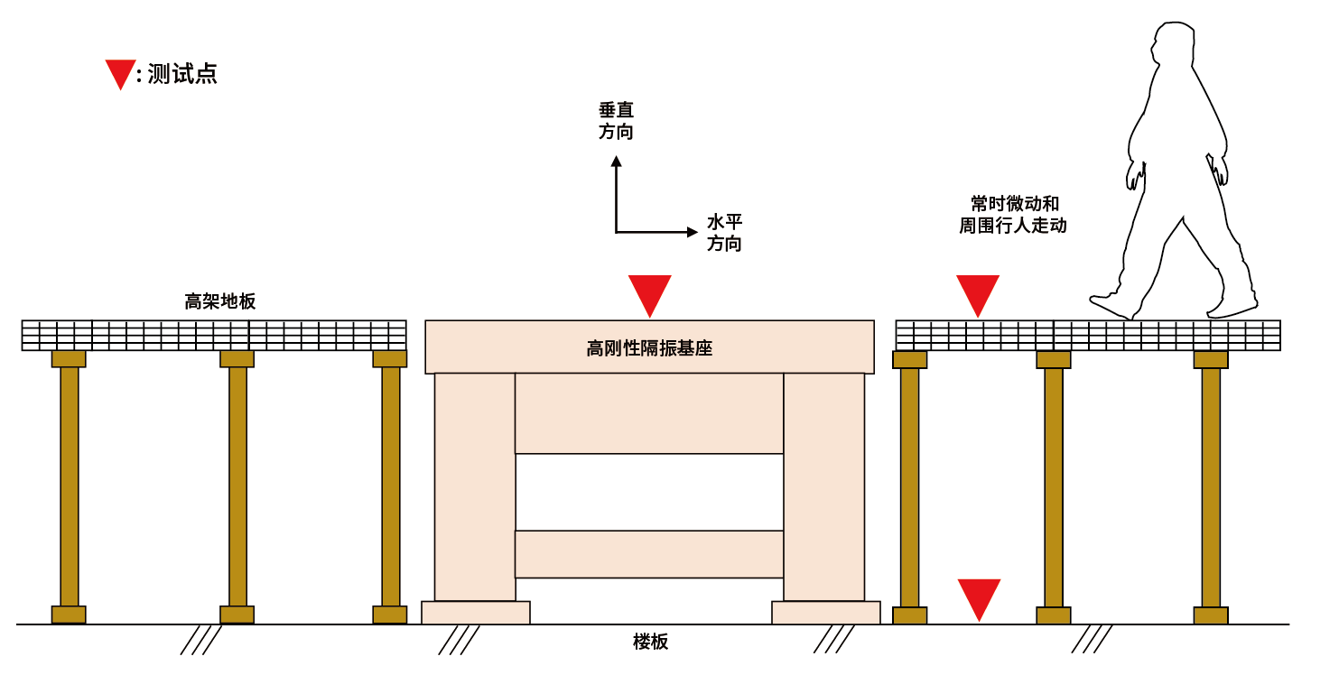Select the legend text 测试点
click(181, 74)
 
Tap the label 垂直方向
click(616, 121)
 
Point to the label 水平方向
click(724, 233)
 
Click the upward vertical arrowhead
click(617, 161)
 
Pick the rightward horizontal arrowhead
click(693, 232)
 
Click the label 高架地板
click(220, 301)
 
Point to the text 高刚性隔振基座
click(649, 348)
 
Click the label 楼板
click(650, 642)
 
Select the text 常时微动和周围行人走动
click(1013, 215)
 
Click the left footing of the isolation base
click(476, 612)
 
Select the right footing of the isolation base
click(826, 612)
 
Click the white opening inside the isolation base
click(649, 492)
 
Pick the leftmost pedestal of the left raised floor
click(69, 486)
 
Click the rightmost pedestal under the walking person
click(1211, 486)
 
